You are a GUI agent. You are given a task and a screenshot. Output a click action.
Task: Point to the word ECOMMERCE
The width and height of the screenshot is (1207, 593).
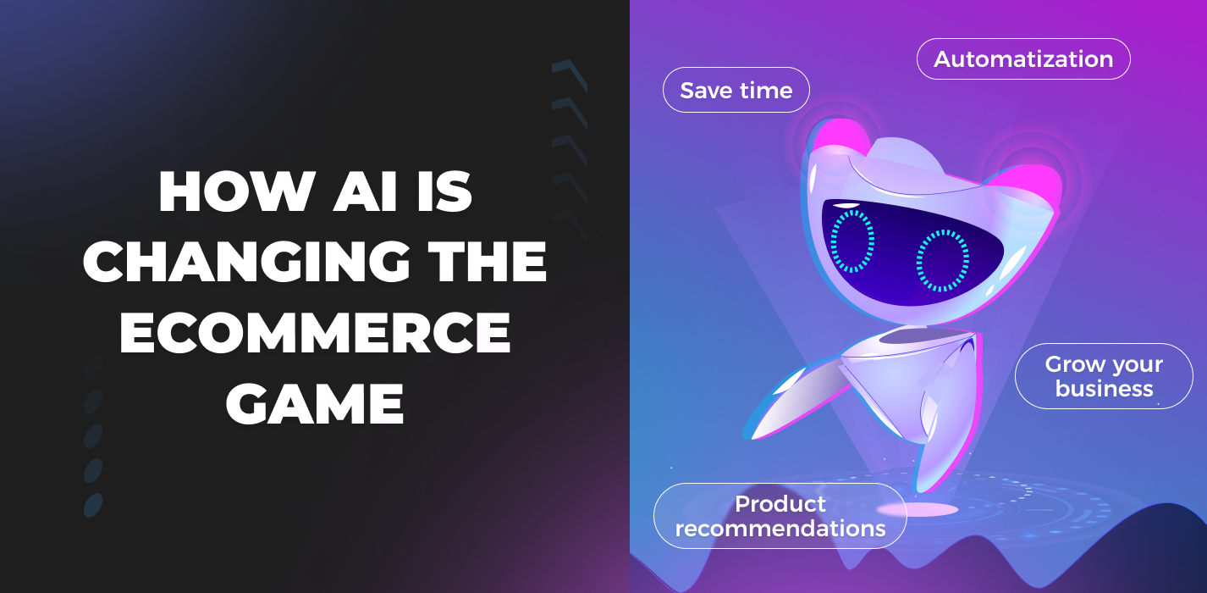click(x=315, y=333)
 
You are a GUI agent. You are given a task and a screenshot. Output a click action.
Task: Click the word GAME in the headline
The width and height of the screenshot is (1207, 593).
click(x=315, y=403)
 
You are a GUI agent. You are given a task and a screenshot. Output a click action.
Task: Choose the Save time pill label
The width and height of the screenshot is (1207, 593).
click(x=736, y=90)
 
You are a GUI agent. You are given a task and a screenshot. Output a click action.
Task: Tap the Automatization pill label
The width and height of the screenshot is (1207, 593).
click(x=1022, y=59)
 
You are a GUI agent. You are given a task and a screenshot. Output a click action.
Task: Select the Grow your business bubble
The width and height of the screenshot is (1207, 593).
click(x=1104, y=376)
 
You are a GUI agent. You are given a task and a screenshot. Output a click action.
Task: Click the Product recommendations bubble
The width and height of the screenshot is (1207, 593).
click(x=780, y=516)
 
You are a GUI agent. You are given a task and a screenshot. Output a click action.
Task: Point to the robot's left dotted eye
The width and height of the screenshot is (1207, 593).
click(x=852, y=241)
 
